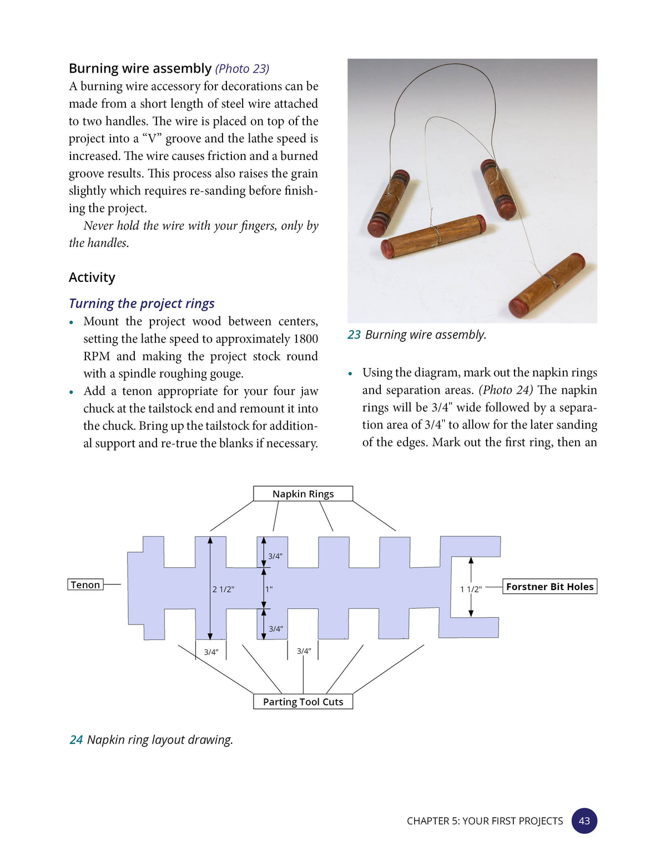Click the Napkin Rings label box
pos(302,493)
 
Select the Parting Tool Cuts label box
pos(302,702)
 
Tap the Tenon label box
pos(85,584)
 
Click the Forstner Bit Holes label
pos(550,586)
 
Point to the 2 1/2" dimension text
pos(223,589)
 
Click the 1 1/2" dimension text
pos(471,589)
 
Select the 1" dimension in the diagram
pos(269,589)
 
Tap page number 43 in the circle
pos(584,821)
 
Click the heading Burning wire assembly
pos(140,68)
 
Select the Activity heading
pos(92,277)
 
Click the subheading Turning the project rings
pos(142,304)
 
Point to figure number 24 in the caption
pos(76,740)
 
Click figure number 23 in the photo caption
pos(354,335)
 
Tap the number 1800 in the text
pos(305,339)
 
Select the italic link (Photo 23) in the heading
pos(243,69)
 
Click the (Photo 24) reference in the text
pos(506,390)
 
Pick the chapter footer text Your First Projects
pos(512,821)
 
